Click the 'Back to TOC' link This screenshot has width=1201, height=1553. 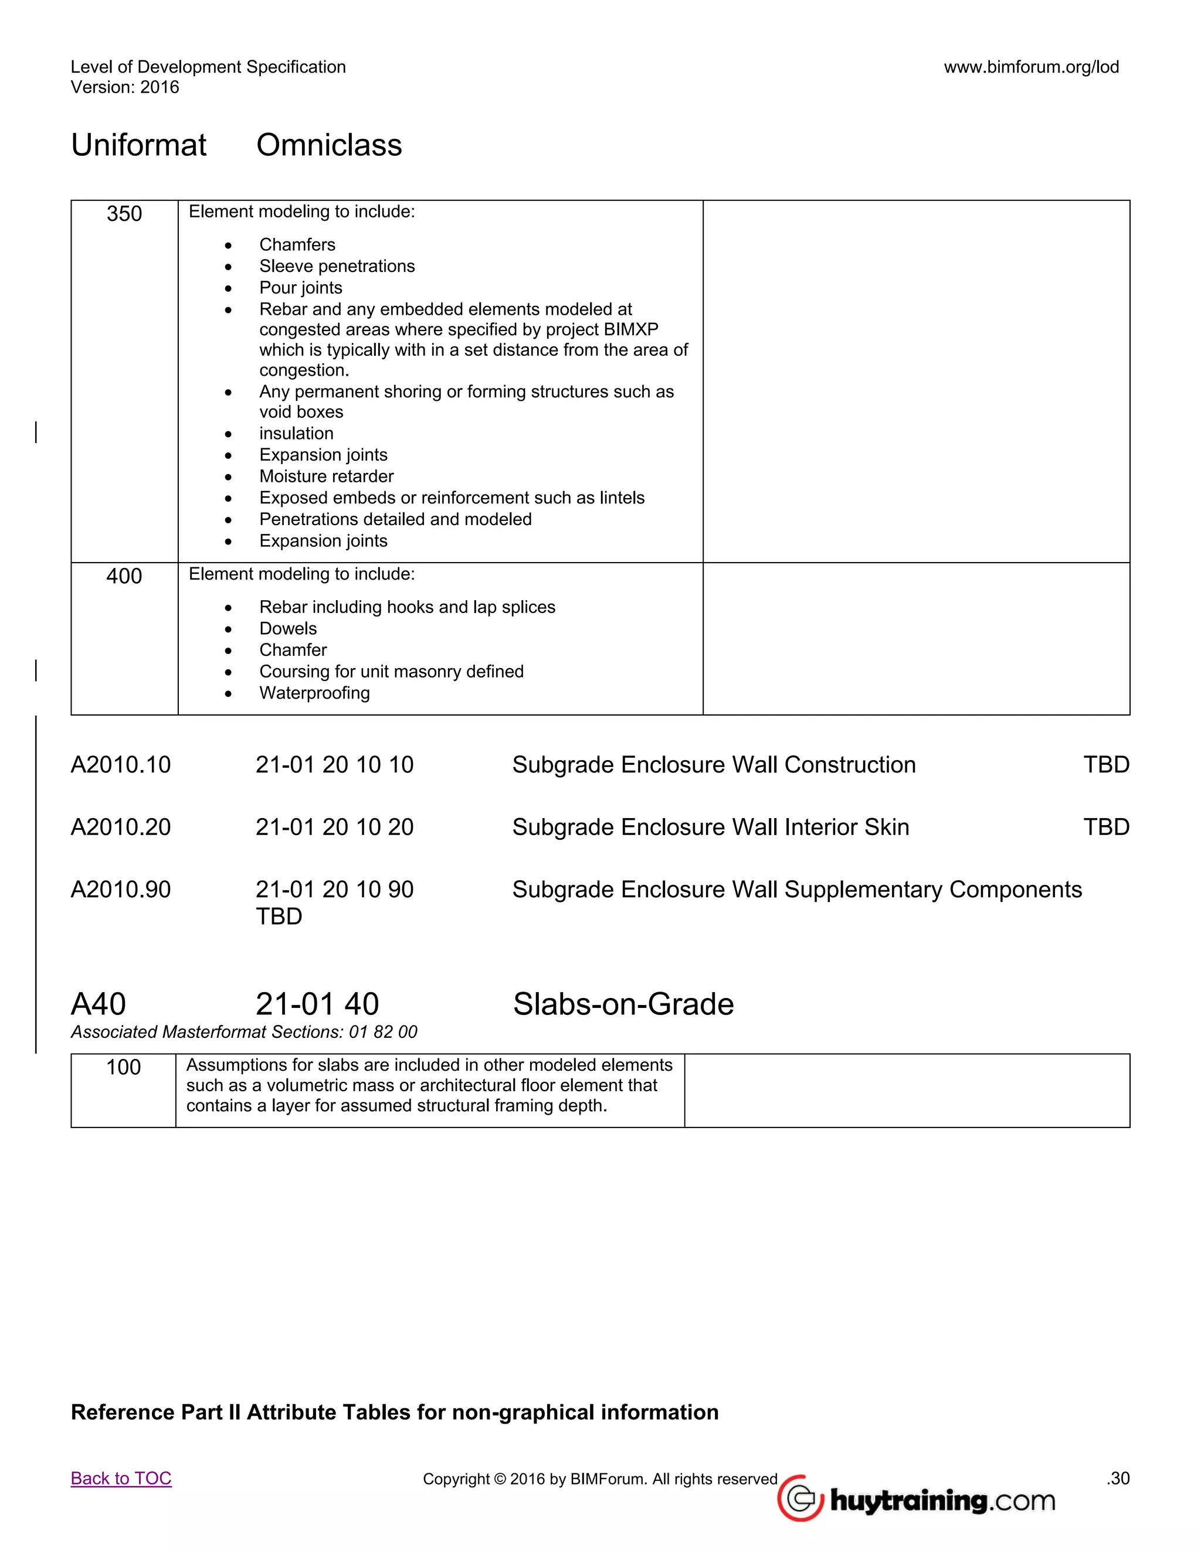coord(121,1479)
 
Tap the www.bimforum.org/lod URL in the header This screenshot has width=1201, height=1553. coord(1031,67)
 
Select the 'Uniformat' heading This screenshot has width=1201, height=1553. coord(139,145)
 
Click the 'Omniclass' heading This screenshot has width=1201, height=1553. coord(329,145)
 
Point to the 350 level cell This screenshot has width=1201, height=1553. coord(124,214)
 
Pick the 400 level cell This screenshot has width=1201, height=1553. coord(124,576)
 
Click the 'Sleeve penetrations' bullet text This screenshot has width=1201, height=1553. coord(337,266)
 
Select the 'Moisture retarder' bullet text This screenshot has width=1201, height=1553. coord(326,476)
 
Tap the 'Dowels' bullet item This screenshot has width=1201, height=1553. coord(288,629)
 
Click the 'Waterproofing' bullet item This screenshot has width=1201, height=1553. coord(314,693)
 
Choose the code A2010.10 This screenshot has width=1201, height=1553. coord(121,765)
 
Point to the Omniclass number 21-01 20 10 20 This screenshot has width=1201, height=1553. coord(334,827)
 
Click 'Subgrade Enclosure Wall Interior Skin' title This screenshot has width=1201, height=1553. coord(710,827)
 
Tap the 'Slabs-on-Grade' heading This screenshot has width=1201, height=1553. coord(623,1004)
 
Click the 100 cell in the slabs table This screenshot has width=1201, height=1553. coord(123,1067)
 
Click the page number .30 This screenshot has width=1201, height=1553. coord(1118,1479)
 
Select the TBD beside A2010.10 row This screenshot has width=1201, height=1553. coord(1105,765)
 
